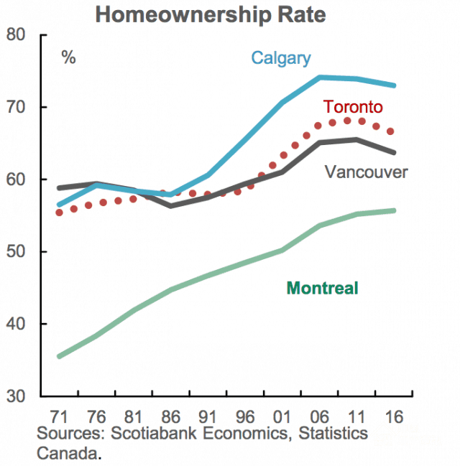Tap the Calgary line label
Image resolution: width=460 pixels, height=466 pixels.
pos(281,58)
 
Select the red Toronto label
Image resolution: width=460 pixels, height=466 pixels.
pos(352,107)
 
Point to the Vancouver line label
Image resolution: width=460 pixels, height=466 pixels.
pos(367,172)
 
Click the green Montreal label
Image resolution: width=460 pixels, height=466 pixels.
pos(322,289)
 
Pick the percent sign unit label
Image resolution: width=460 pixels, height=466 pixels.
pos(69,58)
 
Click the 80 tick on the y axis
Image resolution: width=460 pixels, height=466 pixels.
pos(17,35)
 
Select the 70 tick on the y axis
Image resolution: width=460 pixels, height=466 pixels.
pos(17,108)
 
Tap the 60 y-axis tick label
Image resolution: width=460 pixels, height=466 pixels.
pos(17,180)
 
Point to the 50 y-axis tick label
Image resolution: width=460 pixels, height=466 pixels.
pos(17,252)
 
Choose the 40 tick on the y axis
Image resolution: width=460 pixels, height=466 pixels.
pos(17,324)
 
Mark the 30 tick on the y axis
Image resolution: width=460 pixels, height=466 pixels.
pos(17,396)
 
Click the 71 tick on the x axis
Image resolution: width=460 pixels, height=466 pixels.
pos(60,416)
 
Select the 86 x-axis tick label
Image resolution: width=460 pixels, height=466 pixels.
pos(170,416)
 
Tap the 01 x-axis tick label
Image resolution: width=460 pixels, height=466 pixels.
pos(282,416)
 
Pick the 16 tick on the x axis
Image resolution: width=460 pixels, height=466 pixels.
pos(393,416)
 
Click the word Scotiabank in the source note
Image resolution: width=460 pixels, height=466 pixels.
pos(137,434)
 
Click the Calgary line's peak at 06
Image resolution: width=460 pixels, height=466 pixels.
pos(320,77)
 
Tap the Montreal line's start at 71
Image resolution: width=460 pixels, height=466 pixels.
pos(60,355)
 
